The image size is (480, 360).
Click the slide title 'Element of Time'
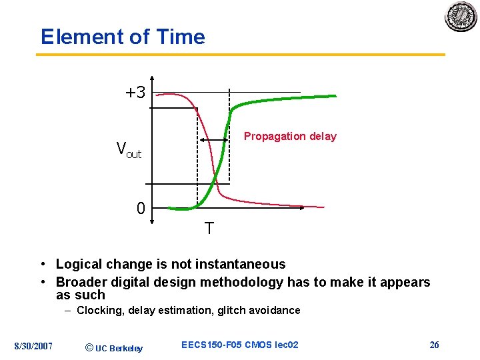(123, 37)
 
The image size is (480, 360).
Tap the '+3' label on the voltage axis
(135, 93)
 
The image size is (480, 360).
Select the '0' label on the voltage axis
(141, 209)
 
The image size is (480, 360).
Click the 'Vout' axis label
(129, 149)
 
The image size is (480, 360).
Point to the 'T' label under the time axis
(209, 229)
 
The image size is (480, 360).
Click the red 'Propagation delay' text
(290, 136)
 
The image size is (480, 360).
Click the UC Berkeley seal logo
(461, 17)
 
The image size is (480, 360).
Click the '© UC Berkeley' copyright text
(114, 347)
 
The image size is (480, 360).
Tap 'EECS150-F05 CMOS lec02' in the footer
(240, 345)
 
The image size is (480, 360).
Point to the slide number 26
(434, 345)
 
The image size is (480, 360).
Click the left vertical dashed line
(197, 167)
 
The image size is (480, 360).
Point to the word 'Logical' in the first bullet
(79, 264)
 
